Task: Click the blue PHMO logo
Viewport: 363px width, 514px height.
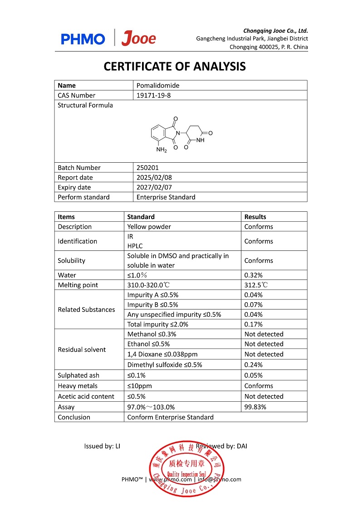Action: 83,39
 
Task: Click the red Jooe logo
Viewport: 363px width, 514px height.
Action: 139,39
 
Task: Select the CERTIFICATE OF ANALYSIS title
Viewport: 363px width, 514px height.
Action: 175,66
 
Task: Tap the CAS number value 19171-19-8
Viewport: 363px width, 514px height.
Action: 154,95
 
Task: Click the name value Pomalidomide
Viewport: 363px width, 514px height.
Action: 157,85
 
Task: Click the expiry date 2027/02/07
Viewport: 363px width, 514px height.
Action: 154,187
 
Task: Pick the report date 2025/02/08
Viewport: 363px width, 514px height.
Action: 154,178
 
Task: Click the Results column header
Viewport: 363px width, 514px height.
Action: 255,217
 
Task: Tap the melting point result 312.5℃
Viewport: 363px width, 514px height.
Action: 256,285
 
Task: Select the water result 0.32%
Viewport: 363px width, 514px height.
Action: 253,275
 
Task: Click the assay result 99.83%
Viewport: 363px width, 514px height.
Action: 255,407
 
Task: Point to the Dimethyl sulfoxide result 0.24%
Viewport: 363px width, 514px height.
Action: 253,364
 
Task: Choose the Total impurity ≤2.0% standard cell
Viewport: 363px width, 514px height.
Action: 157,324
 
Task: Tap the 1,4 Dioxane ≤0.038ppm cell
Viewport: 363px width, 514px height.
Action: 162,354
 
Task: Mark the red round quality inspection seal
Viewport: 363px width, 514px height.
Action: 186,468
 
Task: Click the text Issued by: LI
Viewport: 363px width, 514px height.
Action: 102,446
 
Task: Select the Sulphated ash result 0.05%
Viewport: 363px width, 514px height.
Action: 253,375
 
